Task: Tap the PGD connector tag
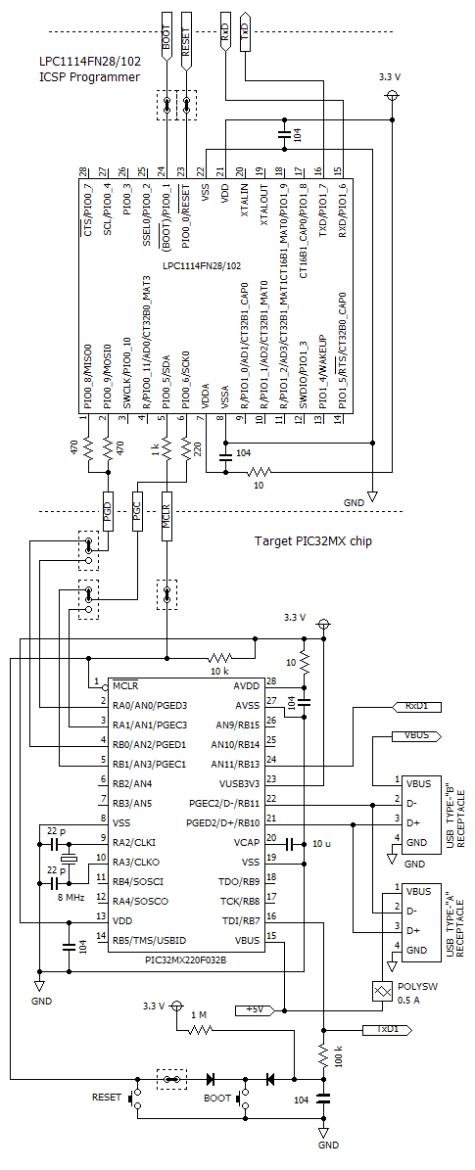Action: [x=108, y=510]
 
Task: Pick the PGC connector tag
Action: [x=137, y=510]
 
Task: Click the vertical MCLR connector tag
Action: [x=166, y=513]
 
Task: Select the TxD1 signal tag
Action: [x=388, y=1029]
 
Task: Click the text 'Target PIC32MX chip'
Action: [x=312, y=540]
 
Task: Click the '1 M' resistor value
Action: [x=200, y=1014]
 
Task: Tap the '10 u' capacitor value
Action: [x=322, y=843]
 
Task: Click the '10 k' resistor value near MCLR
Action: [x=219, y=672]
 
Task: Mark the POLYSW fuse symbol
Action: [x=381, y=990]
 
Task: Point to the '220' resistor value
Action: [x=197, y=448]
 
